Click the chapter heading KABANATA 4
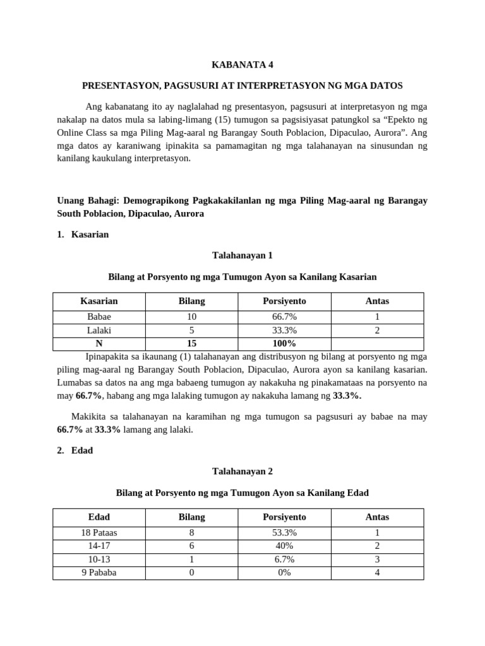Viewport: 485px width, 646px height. point(242,64)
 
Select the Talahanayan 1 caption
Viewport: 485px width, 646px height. point(242,255)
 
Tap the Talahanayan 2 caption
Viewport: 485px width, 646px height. point(242,471)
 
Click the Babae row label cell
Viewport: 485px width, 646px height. point(99,317)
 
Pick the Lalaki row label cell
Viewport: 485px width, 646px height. point(99,330)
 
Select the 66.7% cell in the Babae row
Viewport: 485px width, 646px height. point(284,317)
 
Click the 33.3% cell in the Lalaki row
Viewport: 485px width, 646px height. point(284,330)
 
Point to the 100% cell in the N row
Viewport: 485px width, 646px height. point(284,343)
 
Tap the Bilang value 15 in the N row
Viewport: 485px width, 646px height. point(192,343)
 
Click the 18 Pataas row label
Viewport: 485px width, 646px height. point(99,532)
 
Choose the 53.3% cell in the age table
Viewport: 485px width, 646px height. point(284,532)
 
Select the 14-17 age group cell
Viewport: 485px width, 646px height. point(99,546)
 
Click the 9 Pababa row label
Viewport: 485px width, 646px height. point(99,573)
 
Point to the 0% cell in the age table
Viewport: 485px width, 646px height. point(284,573)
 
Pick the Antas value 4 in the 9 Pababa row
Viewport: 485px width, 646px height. point(377,573)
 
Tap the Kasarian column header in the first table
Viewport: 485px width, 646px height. point(99,301)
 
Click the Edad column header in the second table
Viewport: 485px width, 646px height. point(99,517)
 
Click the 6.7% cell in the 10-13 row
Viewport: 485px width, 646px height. point(284,560)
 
